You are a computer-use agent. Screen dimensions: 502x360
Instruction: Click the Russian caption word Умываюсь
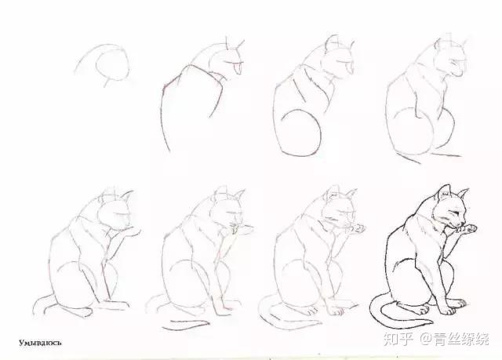point(40,343)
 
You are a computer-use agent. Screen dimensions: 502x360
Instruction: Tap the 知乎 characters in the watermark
point(398,340)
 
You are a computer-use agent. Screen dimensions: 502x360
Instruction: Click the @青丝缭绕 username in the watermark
point(455,340)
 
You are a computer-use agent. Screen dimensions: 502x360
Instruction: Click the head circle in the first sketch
point(112,67)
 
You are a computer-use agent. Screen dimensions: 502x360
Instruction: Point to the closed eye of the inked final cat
point(455,213)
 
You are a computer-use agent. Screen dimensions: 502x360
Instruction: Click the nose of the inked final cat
point(464,223)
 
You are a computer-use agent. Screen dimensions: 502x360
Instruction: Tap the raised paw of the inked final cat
point(468,229)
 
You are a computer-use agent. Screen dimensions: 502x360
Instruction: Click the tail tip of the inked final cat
point(431,321)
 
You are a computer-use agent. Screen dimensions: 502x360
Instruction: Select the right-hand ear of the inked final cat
point(462,194)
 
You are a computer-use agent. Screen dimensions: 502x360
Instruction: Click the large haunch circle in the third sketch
point(301,133)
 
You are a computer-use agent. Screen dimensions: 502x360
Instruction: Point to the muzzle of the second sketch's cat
point(236,67)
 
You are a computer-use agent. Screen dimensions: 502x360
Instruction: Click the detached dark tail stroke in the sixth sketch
point(186,325)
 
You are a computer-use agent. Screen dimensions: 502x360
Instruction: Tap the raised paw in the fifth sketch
point(132,231)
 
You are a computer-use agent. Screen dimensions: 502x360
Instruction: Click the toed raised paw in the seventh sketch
point(356,228)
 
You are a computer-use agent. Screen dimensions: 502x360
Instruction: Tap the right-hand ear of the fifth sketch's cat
point(127,196)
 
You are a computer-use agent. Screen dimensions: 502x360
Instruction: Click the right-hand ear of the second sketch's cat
point(240,45)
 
